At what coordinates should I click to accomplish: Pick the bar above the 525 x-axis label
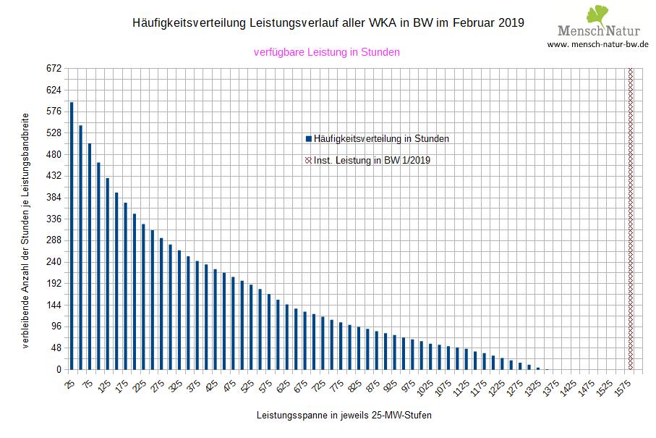(x=250, y=327)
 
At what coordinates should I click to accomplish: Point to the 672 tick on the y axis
(x=54, y=69)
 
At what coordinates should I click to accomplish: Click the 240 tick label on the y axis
(x=54, y=262)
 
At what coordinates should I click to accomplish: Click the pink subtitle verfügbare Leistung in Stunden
(x=327, y=52)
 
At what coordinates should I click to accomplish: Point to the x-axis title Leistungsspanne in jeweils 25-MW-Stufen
(x=328, y=416)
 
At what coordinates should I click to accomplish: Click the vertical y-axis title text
(x=26, y=230)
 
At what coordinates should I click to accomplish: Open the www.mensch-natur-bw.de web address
(x=597, y=44)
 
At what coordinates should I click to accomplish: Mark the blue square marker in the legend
(x=308, y=139)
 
